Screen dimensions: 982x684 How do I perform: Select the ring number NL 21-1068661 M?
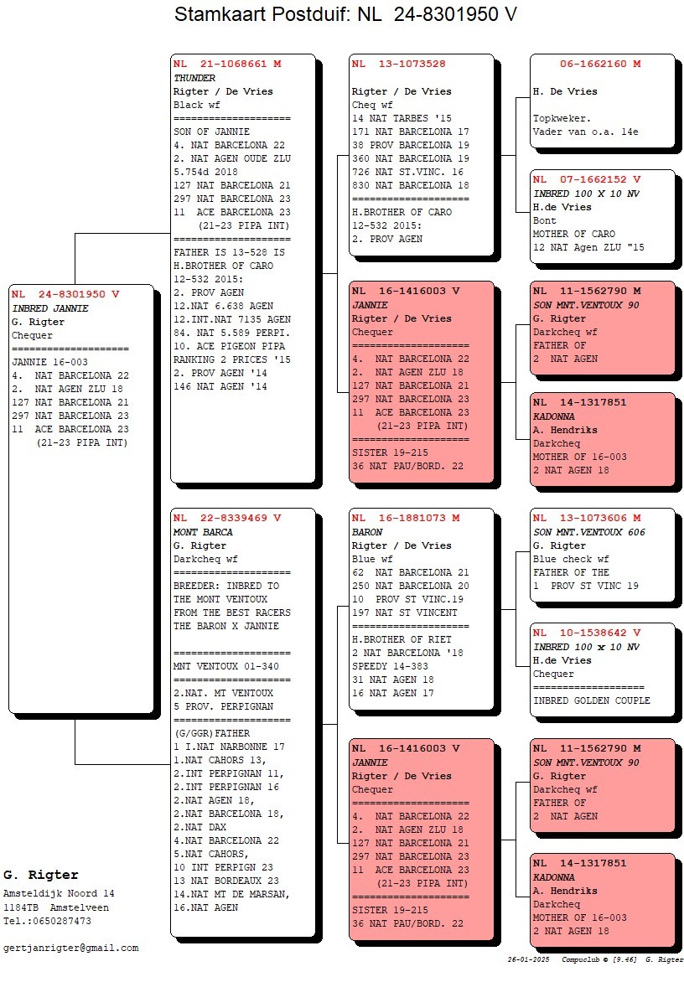[x=227, y=64]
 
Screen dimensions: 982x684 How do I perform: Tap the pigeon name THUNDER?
[x=194, y=78]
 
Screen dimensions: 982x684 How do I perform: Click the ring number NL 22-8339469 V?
[x=227, y=518]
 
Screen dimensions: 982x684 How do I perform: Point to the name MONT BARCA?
[x=203, y=532]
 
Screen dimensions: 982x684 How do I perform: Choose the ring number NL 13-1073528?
[x=399, y=64]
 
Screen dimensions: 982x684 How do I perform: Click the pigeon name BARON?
[x=367, y=532]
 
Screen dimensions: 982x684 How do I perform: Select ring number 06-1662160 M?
[x=600, y=64]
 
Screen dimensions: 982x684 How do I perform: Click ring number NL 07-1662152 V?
[x=587, y=179]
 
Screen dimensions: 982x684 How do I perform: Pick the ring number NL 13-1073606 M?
[x=587, y=518]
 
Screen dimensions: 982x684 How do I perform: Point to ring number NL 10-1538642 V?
[x=587, y=633]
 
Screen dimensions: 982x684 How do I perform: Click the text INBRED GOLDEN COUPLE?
[x=591, y=700]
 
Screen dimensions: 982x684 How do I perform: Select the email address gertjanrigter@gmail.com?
[x=71, y=948]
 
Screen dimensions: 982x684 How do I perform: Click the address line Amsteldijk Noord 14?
[x=59, y=893]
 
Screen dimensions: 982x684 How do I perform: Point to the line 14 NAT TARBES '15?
[x=402, y=118]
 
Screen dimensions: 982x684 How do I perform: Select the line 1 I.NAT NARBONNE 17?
[x=229, y=747]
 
